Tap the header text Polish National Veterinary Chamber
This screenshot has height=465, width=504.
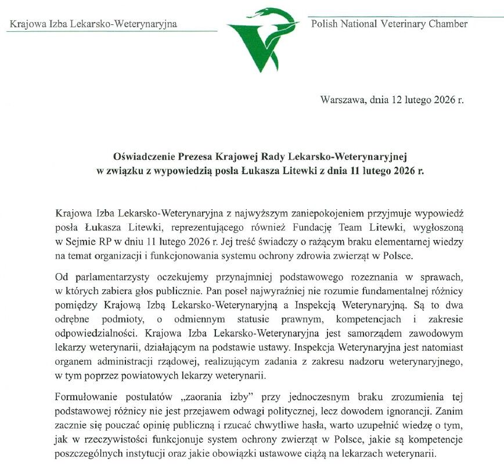[x=389, y=24]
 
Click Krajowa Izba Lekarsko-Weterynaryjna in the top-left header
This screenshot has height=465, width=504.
[x=93, y=24]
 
